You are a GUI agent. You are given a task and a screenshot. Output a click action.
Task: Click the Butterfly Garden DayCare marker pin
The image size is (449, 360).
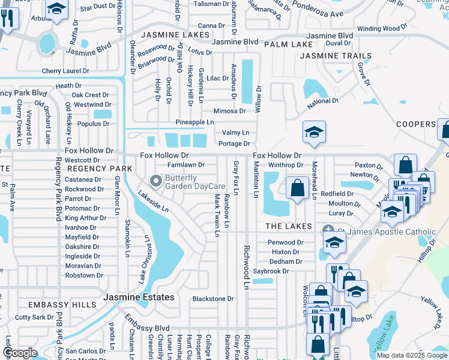[x=156, y=181]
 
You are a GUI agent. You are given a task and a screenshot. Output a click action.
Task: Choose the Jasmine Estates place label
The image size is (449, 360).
[x=139, y=297]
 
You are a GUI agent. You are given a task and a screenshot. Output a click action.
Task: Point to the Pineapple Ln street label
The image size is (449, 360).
[x=194, y=122]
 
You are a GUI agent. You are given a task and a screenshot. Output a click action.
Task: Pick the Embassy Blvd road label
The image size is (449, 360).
[x=148, y=325]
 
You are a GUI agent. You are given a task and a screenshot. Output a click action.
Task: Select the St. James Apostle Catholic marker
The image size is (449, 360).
[x=328, y=230]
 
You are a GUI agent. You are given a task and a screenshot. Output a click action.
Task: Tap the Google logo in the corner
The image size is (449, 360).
[x=20, y=353]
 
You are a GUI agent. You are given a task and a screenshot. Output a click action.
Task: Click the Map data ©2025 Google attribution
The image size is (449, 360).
[x=411, y=355]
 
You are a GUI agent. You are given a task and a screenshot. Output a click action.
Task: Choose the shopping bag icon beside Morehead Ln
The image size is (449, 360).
[x=297, y=188]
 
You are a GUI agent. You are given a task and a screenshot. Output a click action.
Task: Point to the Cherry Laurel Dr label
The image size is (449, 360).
[x=65, y=70]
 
